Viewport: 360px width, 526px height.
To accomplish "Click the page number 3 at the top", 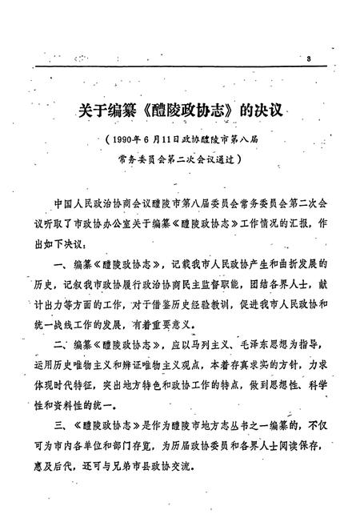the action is [x=308, y=59].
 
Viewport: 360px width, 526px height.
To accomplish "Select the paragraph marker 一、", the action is [x=61, y=262].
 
